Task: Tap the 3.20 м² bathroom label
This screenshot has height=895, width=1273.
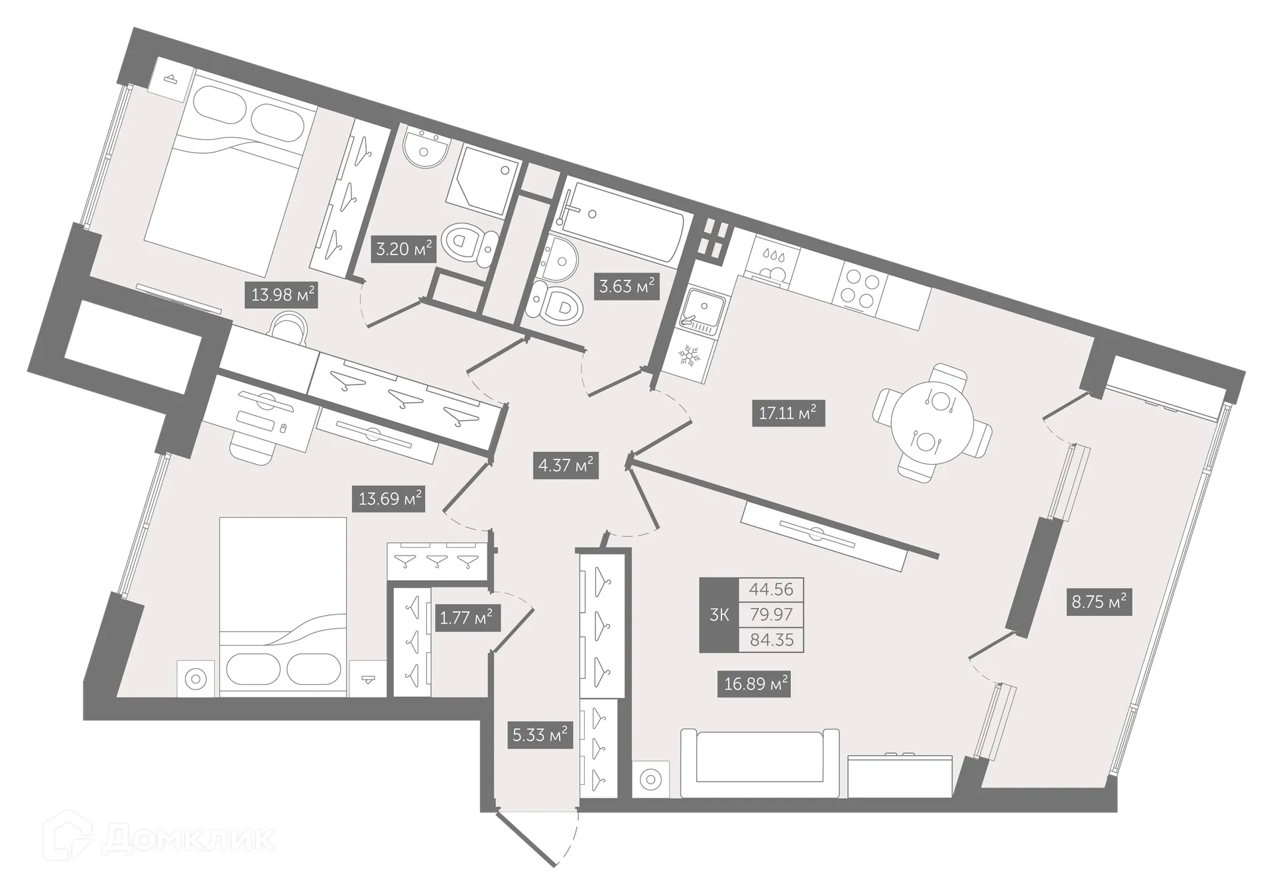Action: pos(404,249)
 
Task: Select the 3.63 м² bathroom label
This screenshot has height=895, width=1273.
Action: pos(627,287)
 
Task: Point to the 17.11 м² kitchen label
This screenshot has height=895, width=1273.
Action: pos(788,414)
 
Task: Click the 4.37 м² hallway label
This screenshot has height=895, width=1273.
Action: pos(566,465)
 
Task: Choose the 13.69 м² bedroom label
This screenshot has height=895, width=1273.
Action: pos(391,498)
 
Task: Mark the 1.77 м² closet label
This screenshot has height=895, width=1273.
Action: pos(466,618)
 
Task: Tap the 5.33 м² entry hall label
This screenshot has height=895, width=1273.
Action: pos(540,735)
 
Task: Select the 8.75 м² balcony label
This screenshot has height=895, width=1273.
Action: pos(1099,603)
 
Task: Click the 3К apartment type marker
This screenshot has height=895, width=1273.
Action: pos(719,615)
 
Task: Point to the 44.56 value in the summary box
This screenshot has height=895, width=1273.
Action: pos(771,589)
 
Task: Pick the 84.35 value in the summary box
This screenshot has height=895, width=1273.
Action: pos(771,640)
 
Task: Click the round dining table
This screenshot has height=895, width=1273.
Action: pos(932,422)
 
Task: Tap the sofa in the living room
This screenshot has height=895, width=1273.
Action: pos(760,763)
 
